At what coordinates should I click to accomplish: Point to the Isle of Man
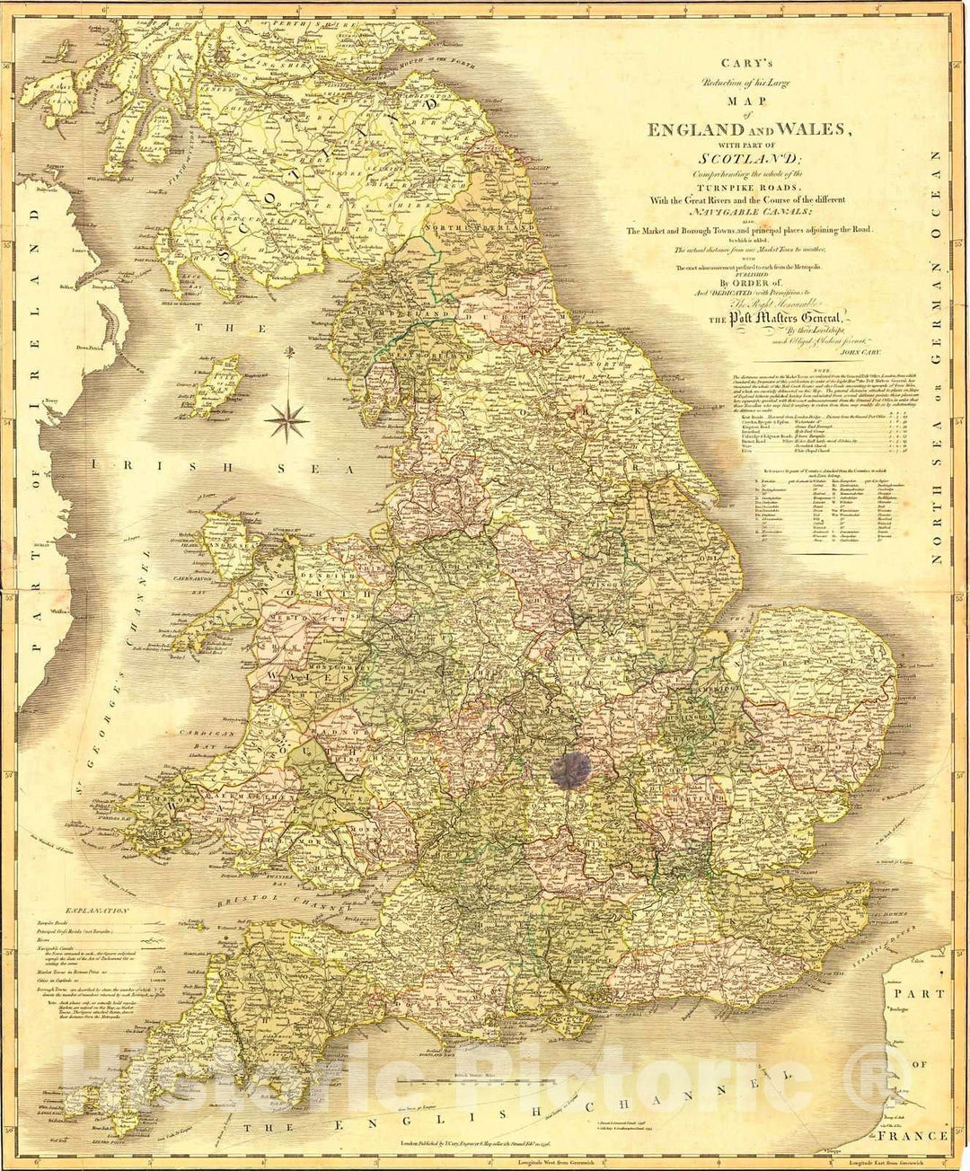point(216,380)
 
